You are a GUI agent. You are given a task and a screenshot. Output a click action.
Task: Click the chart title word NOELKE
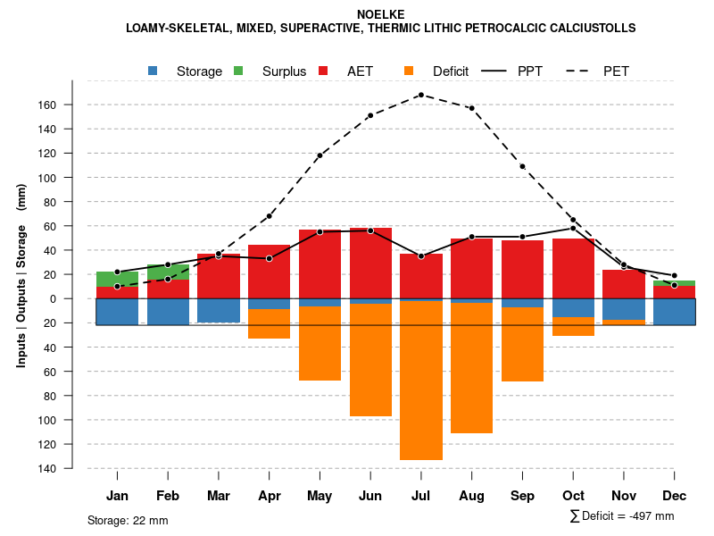click(x=381, y=14)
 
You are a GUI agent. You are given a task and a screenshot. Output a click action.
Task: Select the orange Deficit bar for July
click(x=421, y=380)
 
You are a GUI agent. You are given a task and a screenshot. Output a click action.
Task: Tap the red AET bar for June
click(x=370, y=264)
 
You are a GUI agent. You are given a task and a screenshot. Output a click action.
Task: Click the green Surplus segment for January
click(x=117, y=279)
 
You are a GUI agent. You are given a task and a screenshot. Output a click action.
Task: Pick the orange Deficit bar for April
click(x=269, y=323)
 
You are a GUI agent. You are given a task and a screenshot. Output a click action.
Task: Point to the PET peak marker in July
click(x=421, y=95)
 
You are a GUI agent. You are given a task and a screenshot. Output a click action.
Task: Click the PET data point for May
click(x=320, y=155)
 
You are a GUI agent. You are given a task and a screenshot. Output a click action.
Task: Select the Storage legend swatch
click(x=153, y=71)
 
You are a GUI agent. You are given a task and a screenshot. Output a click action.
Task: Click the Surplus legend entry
click(x=284, y=71)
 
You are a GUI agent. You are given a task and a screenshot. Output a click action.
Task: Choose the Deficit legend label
click(x=451, y=71)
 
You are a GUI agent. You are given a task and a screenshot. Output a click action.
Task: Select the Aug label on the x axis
click(x=471, y=496)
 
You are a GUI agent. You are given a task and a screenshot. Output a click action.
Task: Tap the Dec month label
click(x=674, y=496)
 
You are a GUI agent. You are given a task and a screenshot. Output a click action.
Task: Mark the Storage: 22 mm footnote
click(x=128, y=520)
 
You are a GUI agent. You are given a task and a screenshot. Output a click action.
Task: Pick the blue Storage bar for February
click(x=168, y=311)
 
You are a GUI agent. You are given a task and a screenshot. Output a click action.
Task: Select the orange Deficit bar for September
click(x=522, y=344)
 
